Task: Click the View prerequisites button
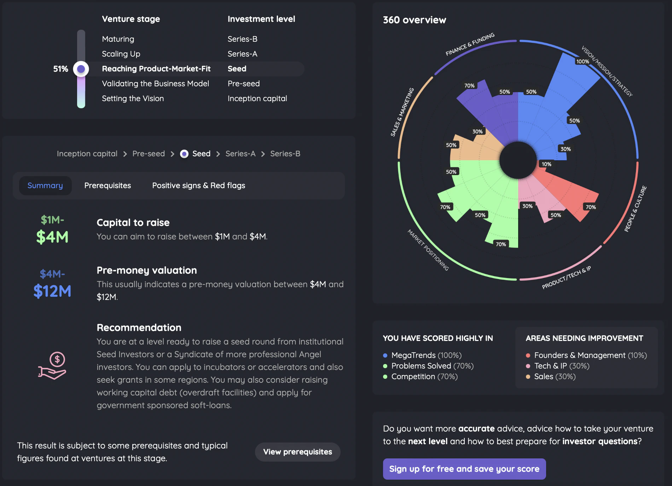click(x=297, y=452)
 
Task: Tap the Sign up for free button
click(x=464, y=469)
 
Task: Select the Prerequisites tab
click(x=108, y=185)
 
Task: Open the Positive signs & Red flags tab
click(x=198, y=185)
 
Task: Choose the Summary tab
click(x=45, y=185)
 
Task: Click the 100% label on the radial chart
click(x=583, y=62)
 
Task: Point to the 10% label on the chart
click(x=546, y=164)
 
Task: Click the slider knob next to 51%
click(x=81, y=69)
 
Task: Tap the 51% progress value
click(x=60, y=69)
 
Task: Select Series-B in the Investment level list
click(x=242, y=39)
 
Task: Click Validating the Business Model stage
click(x=155, y=83)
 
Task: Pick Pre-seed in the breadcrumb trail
click(x=149, y=154)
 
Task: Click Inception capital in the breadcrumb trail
click(x=87, y=154)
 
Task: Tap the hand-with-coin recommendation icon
click(x=52, y=366)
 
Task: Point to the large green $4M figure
click(x=52, y=237)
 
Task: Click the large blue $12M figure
click(x=52, y=291)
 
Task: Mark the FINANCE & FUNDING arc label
click(x=470, y=45)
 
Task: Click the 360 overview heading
click(x=415, y=20)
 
